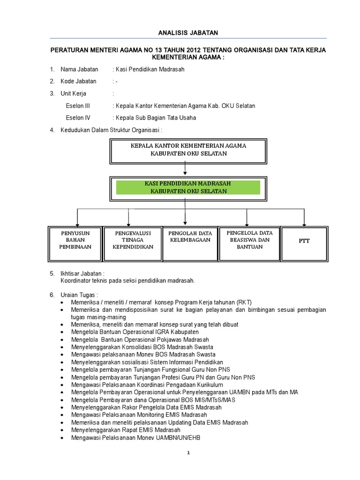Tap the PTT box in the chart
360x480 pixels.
click(304, 241)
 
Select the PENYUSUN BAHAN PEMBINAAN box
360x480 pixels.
click(75, 240)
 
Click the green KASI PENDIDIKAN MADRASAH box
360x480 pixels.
click(188, 187)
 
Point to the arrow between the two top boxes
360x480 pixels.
click(186, 166)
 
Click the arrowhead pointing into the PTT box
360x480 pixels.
click(304, 224)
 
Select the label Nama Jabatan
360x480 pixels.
click(79, 69)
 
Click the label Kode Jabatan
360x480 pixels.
click(78, 81)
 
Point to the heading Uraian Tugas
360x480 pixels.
click(79, 295)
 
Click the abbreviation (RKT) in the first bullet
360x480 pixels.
click(244, 302)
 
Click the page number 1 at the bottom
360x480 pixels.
click(188, 453)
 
